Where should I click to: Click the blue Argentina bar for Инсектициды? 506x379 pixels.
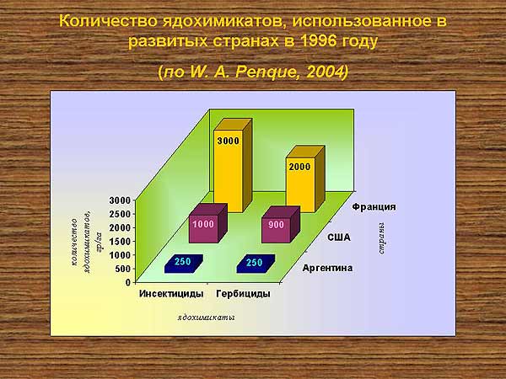184,264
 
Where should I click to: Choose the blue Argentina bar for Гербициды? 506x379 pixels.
256,264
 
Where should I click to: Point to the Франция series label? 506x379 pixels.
374,206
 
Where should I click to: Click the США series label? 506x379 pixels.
339,238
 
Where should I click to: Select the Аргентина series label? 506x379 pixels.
327,268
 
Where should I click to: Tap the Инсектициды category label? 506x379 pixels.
171,294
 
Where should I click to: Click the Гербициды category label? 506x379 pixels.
244,294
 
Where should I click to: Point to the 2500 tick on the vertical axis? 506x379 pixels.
120,214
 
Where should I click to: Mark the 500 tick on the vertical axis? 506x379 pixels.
123,269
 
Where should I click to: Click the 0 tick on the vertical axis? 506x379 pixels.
128,283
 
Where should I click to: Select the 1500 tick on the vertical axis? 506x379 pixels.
120,242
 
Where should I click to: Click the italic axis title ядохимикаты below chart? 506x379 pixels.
206,318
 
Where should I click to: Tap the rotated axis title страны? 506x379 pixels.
381,238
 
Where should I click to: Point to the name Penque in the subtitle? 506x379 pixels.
266,72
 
